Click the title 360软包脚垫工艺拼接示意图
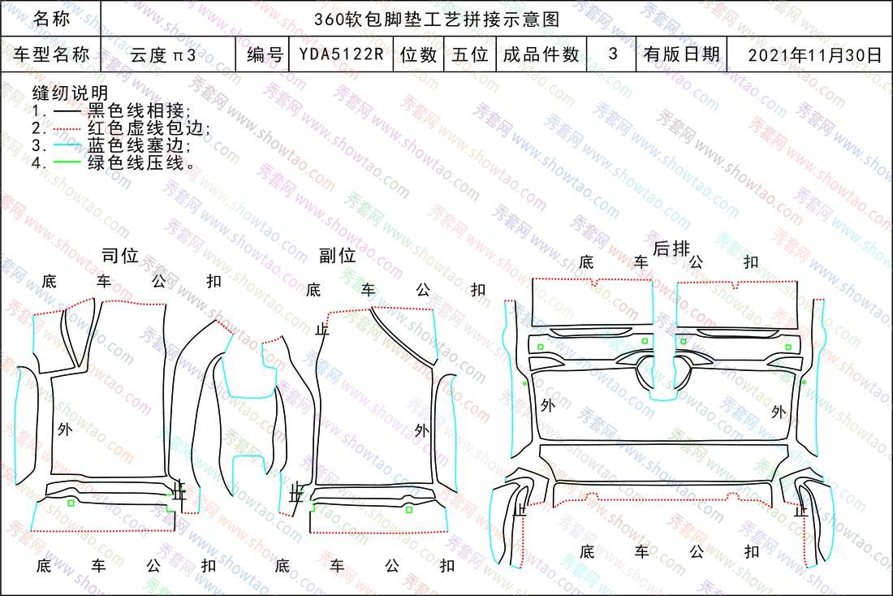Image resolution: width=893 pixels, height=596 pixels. (x=437, y=19)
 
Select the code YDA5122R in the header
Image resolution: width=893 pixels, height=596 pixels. (x=342, y=54)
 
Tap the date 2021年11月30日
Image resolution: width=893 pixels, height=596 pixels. (x=815, y=54)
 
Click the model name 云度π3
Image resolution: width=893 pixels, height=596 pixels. (x=163, y=55)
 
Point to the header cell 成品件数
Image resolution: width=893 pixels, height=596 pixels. (x=541, y=54)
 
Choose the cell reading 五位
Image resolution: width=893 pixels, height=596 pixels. (x=470, y=54)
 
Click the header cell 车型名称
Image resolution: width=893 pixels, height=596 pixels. (x=52, y=54)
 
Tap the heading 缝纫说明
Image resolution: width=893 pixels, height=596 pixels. (x=70, y=93)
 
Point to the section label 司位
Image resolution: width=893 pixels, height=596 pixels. (x=120, y=256)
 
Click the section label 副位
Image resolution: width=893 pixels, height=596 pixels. (x=338, y=255)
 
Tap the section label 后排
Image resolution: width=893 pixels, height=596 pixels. (x=671, y=248)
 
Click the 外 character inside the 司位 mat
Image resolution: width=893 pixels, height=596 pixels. (x=65, y=429)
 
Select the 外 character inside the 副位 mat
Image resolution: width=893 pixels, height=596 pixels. (x=422, y=430)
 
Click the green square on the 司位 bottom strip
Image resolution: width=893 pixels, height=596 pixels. (x=71, y=503)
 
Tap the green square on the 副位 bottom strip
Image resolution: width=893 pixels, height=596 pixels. (x=409, y=509)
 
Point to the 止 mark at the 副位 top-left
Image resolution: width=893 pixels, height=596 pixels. (x=322, y=329)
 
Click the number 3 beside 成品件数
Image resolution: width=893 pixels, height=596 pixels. (x=613, y=54)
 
